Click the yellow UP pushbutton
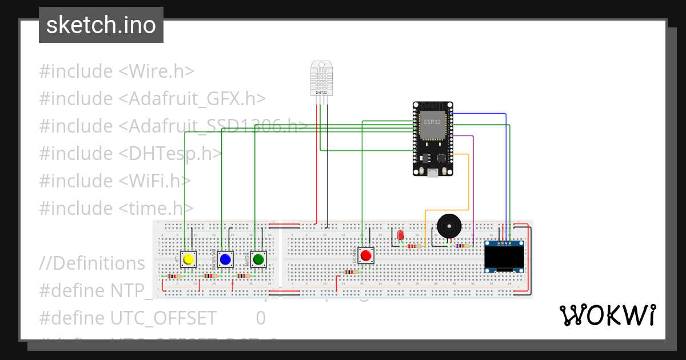(x=189, y=259)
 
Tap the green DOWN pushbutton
(x=258, y=259)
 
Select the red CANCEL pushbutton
(x=366, y=255)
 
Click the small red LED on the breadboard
(x=400, y=235)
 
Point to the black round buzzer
(x=448, y=226)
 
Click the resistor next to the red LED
(x=413, y=246)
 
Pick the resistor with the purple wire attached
(x=462, y=246)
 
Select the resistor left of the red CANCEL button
(x=350, y=272)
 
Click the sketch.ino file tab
(x=101, y=25)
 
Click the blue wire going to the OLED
(x=506, y=171)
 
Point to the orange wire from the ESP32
(x=469, y=183)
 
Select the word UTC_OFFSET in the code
(x=164, y=318)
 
